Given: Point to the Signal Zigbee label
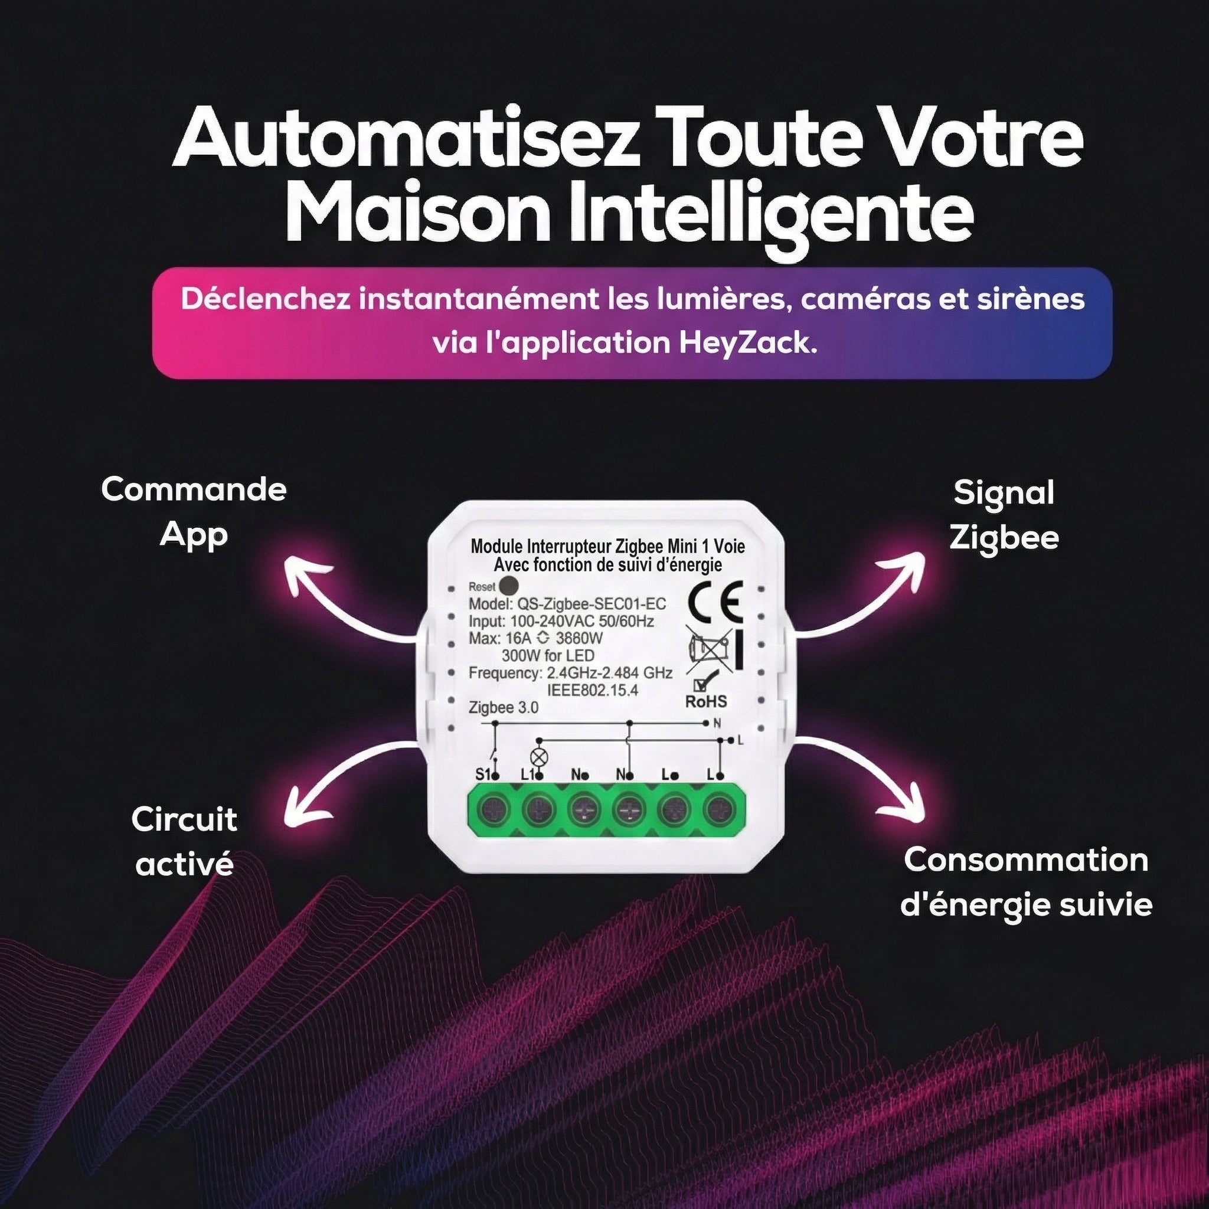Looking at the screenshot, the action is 1004,515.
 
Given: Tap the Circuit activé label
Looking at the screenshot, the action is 185,842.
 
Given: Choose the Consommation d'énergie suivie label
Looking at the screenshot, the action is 1026,883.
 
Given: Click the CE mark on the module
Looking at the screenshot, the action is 715,602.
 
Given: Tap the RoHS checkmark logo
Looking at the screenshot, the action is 707,691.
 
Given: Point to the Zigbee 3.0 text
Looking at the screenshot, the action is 503,708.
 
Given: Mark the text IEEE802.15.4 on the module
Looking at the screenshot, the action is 593,691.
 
